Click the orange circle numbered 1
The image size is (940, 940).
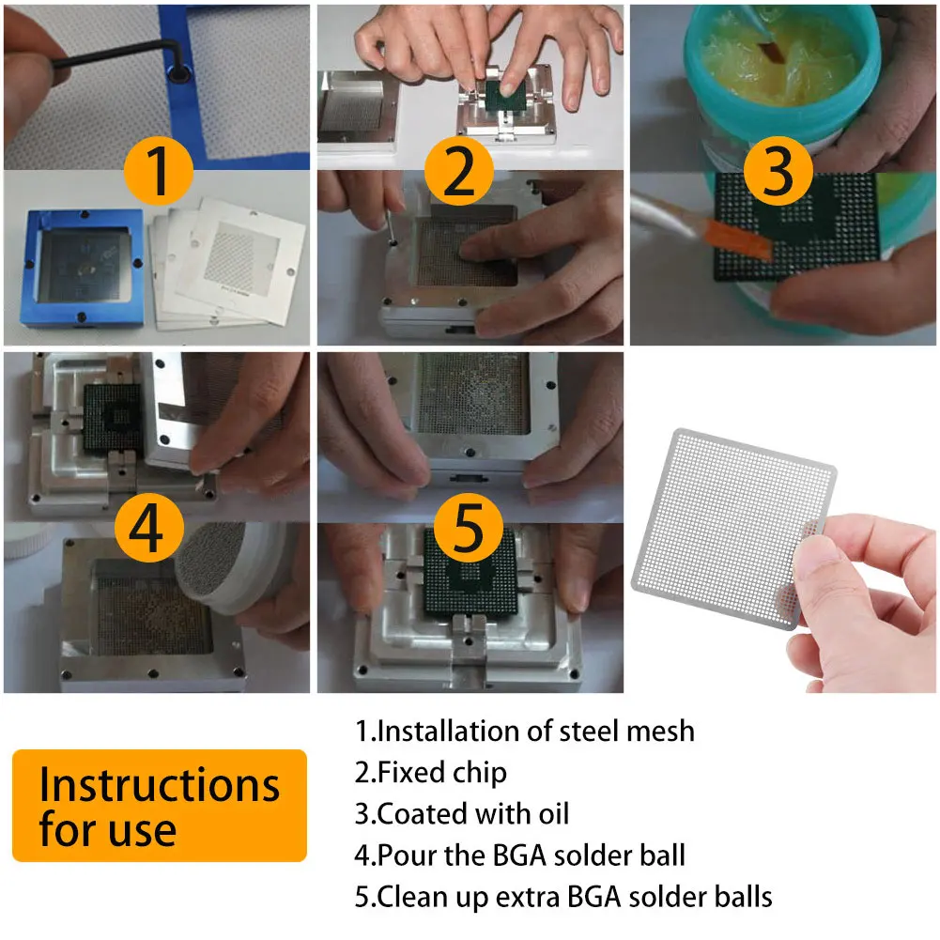pyautogui.click(x=159, y=171)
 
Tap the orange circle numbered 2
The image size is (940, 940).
pyautogui.click(x=459, y=171)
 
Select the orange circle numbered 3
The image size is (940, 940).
pyautogui.click(x=778, y=171)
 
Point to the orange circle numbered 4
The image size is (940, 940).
pyautogui.click(x=148, y=528)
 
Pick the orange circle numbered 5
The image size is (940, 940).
pyautogui.click(x=469, y=528)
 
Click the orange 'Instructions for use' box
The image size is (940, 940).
pyautogui.click(x=160, y=805)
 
